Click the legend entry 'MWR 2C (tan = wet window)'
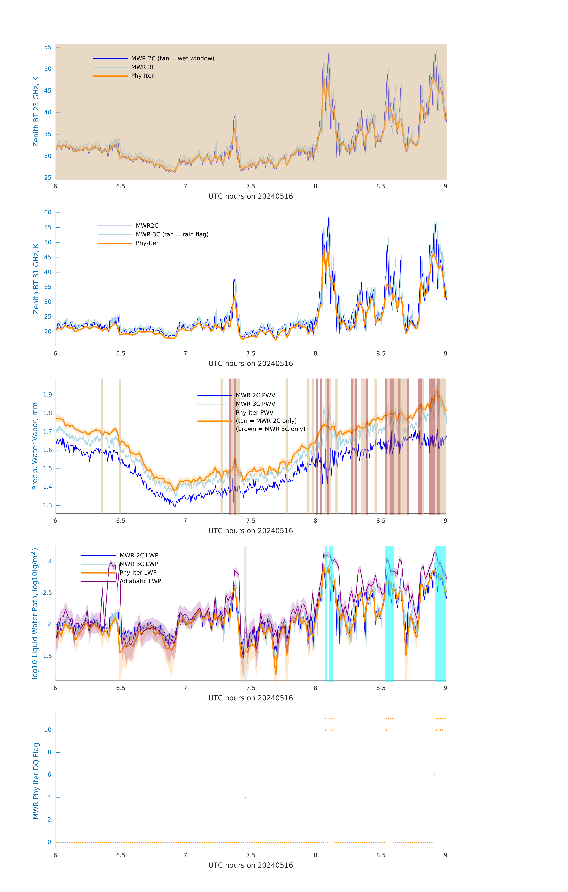[172, 59]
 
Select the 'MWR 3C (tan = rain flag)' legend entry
[172, 234]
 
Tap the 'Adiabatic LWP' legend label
[140, 581]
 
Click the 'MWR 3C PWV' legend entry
[255, 404]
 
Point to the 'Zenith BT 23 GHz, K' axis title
[36, 111]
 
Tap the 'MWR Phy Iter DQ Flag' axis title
[36, 781]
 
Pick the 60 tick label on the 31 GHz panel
[48, 213]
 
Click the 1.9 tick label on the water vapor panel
[47, 395]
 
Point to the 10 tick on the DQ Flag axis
[48, 730]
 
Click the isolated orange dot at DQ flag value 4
[245, 797]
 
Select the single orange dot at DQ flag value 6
[434, 775]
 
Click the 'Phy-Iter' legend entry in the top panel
[142, 76]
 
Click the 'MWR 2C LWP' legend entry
[139, 555]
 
